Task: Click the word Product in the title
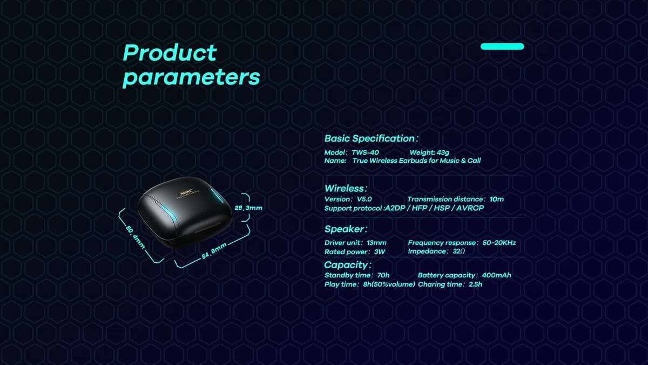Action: tap(170, 53)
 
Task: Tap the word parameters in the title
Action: tap(191, 78)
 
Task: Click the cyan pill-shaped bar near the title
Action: tap(502, 47)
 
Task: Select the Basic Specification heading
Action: tap(371, 138)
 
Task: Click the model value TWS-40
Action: tap(365, 152)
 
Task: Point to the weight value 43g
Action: tap(443, 152)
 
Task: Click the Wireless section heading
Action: tap(346, 189)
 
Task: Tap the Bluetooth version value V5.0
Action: tap(364, 200)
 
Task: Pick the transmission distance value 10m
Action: tap(497, 200)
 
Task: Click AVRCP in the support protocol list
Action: tap(470, 208)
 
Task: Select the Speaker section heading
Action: tap(346, 229)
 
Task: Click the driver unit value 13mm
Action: tap(377, 243)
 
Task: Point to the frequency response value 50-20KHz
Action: tap(499, 243)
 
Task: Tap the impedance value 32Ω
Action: tap(459, 251)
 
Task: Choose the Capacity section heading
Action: tap(348, 265)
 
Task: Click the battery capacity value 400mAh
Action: tap(496, 275)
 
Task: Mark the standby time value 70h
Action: tap(383, 275)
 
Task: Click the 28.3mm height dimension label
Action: tap(248, 208)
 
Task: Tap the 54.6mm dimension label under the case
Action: tap(214, 251)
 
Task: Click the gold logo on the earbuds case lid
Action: tap(186, 192)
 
